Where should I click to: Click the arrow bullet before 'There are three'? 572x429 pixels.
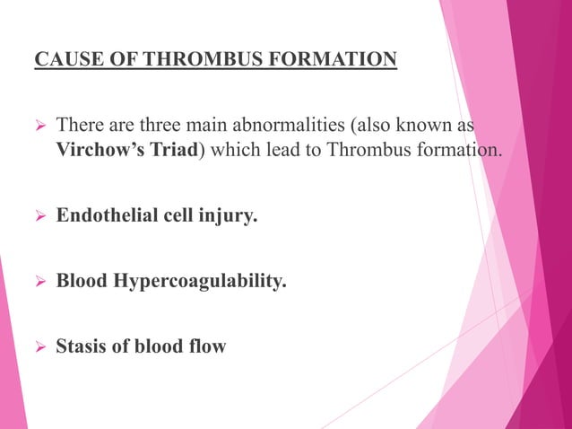click(39, 123)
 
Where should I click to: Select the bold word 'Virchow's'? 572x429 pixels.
click(98, 148)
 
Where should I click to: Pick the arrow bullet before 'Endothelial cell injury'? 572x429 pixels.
click(39, 216)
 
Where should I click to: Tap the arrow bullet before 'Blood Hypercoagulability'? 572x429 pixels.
click(39, 282)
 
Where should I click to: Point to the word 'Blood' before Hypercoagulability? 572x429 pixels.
click(82, 281)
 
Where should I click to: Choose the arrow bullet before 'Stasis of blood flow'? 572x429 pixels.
click(39, 346)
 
